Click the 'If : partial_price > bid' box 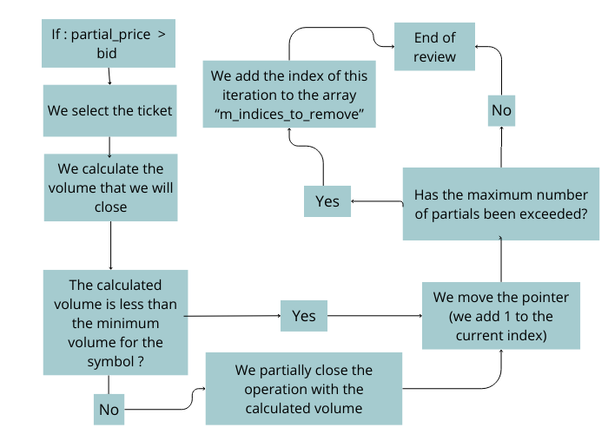[109, 43]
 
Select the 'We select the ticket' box [109, 110]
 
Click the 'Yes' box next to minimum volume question [303, 316]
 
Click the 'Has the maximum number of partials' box [500, 205]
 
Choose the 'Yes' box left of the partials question [327, 201]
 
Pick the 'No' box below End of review [501, 110]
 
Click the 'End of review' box [434, 47]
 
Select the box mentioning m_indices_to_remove [289, 93]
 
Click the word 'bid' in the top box [109, 54]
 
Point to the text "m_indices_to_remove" [289, 114]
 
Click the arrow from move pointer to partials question [501, 260]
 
